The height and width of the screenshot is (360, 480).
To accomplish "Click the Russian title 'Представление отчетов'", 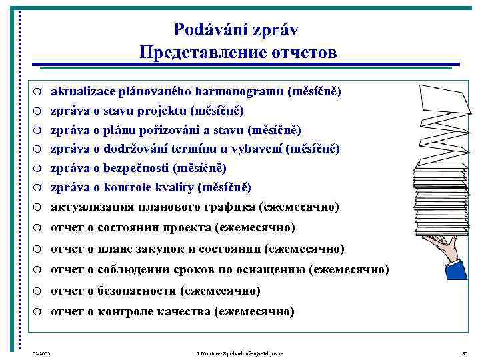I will pyautogui.click(x=238, y=52).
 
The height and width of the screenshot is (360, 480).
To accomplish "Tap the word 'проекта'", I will pyautogui.click(x=188, y=228).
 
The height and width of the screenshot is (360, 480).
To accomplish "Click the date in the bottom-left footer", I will pyautogui.click(x=41, y=352).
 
